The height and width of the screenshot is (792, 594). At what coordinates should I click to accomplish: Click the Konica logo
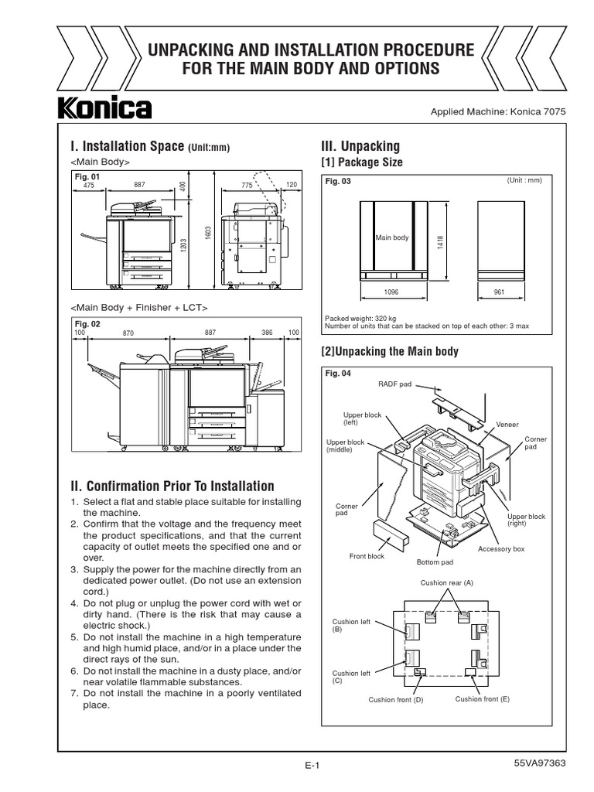tap(104, 108)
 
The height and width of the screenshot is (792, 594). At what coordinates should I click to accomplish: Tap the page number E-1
tap(312, 766)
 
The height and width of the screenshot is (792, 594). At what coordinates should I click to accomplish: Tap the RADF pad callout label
tap(394, 384)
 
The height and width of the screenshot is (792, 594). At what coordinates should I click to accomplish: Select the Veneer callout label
tap(507, 425)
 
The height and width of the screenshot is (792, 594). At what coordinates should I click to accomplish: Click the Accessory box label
tap(501, 548)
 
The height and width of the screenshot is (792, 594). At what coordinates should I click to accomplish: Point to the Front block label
tap(367, 556)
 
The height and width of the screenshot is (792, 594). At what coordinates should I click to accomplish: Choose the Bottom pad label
tap(435, 562)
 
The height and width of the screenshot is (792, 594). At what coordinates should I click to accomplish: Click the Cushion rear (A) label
tap(446, 582)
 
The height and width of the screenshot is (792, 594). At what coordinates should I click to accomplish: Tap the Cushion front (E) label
tap(482, 698)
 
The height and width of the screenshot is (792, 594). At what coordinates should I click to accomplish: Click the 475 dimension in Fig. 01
tap(88, 185)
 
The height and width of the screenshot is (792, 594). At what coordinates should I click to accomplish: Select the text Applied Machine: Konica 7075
tap(498, 111)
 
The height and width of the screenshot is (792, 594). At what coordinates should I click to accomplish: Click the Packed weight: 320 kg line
tap(360, 318)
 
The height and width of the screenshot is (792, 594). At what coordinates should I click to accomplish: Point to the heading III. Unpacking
tap(360, 146)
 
